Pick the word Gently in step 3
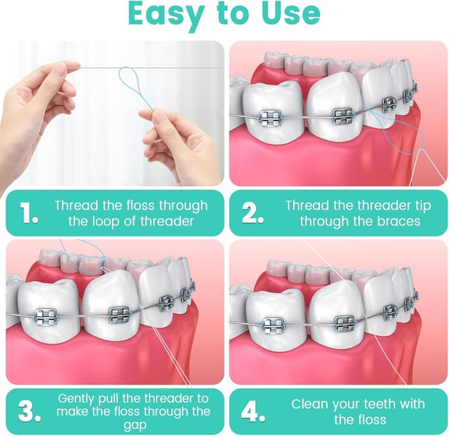coord(79,397)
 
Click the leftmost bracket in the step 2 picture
coord(271,118)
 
